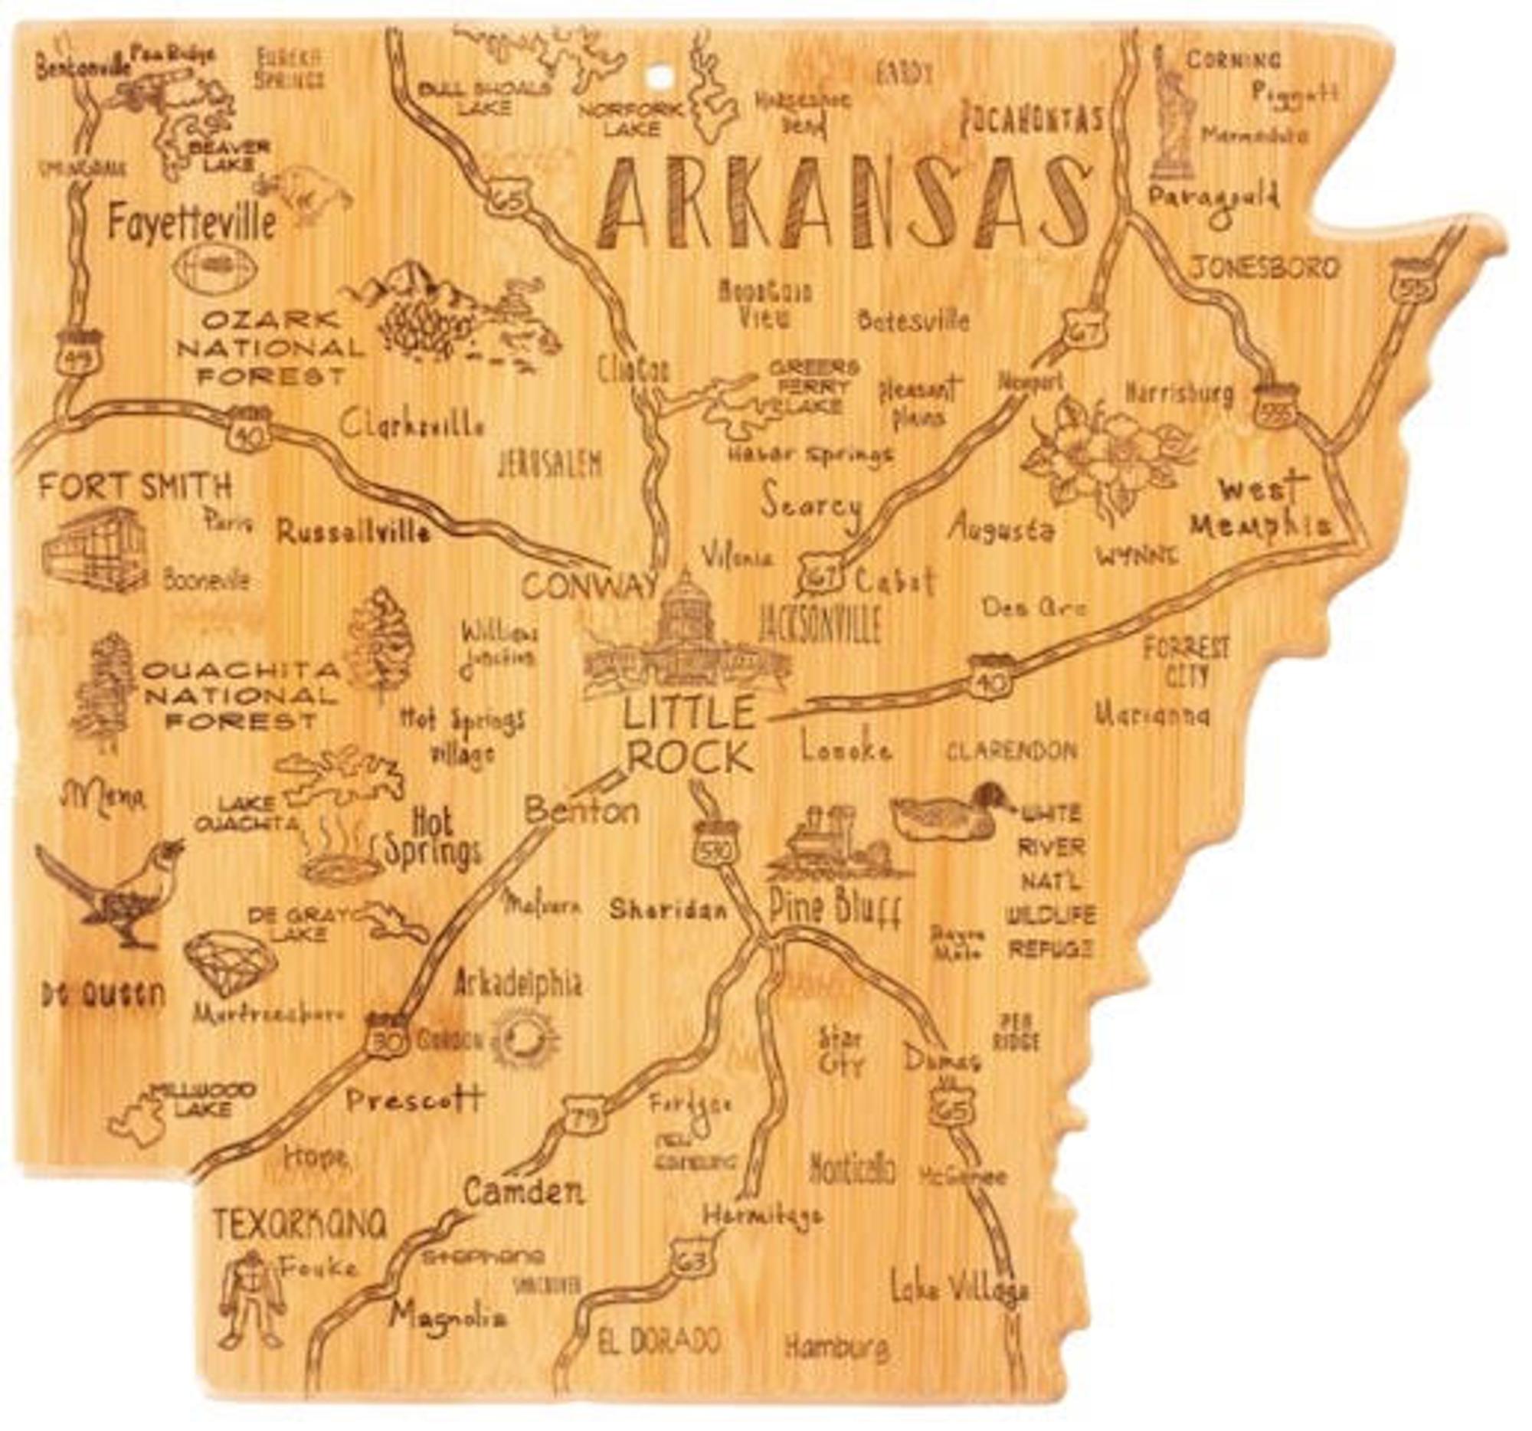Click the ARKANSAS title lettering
tap(844, 205)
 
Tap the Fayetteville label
tap(191, 223)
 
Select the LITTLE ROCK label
tap(688, 735)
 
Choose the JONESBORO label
tap(1265, 267)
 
